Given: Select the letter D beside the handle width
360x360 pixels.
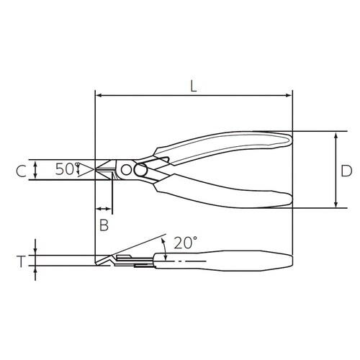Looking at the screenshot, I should [x=346, y=171].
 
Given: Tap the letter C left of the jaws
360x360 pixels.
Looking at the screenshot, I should [x=21, y=171].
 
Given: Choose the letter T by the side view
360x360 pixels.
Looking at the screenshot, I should [x=21, y=261].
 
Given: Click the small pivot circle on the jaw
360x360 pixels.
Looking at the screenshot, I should [x=127, y=170].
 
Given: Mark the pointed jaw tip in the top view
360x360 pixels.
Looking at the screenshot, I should [x=98, y=170].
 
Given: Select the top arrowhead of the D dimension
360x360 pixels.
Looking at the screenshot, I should [x=336, y=136].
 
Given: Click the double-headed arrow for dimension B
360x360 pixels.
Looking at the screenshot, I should [x=104, y=209].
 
